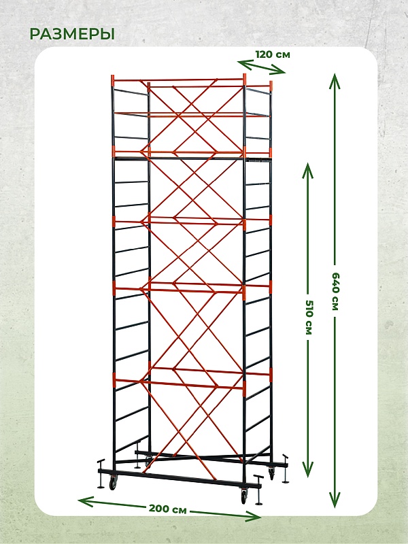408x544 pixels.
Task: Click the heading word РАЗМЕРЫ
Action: pyautogui.click(x=72, y=34)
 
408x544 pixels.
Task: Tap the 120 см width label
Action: pyautogui.click(x=273, y=54)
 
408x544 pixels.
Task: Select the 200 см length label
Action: pyautogui.click(x=168, y=509)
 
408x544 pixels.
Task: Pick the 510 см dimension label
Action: pyautogui.click(x=309, y=317)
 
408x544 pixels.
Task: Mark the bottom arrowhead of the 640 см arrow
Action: pyautogui.click(x=335, y=500)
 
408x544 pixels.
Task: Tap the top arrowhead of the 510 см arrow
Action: pyautogui.click(x=308, y=171)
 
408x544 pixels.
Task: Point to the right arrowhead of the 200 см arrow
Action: pyautogui.click(x=253, y=516)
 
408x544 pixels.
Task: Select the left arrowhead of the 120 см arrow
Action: pyautogui.click(x=245, y=64)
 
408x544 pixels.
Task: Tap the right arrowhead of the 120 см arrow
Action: pyautogui.click(x=278, y=71)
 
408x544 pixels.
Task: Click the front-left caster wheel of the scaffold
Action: pyautogui.click(x=113, y=483)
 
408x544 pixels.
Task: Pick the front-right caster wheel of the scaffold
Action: pyautogui.click(x=244, y=496)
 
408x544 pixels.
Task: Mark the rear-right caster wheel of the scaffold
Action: pyautogui.click(x=271, y=473)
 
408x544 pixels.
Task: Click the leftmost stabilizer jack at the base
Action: pyautogui.click(x=101, y=474)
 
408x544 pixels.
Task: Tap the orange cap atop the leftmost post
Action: pyautogui.click(x=112, y=80)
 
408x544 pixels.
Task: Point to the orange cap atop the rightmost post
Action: pyautogui.click(x=271, y=86)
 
